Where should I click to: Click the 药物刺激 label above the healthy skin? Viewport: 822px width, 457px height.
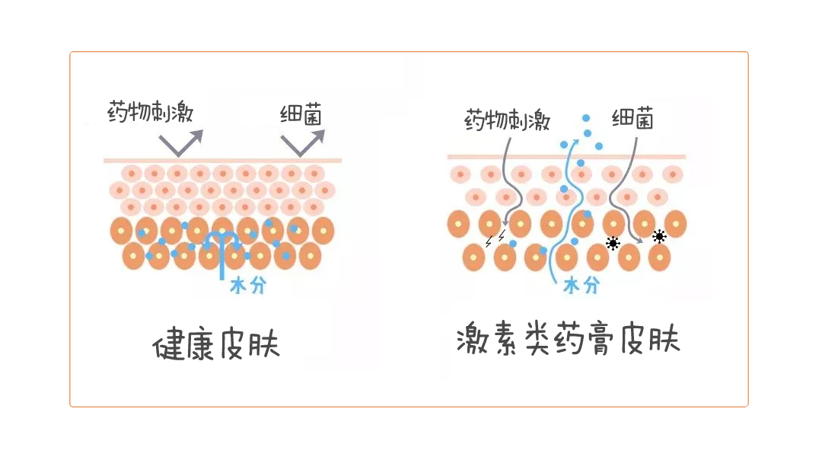(x=150, y=113)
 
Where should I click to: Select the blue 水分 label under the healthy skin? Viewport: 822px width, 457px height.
(x=247, y=286)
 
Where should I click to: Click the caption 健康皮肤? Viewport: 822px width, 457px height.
(x=216, y=344)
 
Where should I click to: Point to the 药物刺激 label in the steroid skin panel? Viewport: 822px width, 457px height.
(x=507, y=120)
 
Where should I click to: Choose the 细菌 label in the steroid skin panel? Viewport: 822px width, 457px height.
(x=632, y=119)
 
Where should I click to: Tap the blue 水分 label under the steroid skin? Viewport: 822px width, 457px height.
(x=581, y=286)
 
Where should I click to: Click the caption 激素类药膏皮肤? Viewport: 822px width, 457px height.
(x=568, y=340)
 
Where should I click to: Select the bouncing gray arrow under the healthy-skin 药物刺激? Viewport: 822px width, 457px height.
(x=181, y=142)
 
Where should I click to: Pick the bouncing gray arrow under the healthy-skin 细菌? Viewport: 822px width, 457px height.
(x=302, y=142)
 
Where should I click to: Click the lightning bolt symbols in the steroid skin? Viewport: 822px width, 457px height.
(x=495, y=239)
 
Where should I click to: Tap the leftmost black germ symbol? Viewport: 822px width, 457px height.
(x=612, y=243)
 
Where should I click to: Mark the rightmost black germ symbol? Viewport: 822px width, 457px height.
(x=659, y=236)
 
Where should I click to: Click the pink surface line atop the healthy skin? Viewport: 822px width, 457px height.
(x=222, y=160)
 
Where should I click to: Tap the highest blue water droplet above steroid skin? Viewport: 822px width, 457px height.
(x=585, y=118)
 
